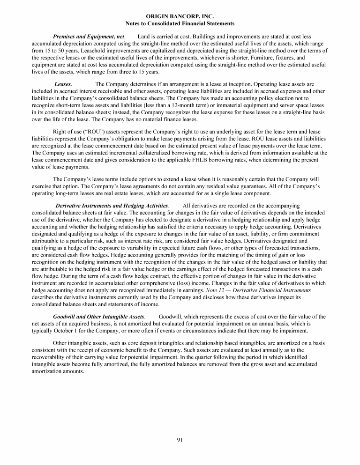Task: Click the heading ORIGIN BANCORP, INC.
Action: coord(180,16)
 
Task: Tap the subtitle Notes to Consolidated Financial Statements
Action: coord(180,23)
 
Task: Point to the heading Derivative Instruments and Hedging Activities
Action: coord(112,206)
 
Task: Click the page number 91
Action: coord(180,439)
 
